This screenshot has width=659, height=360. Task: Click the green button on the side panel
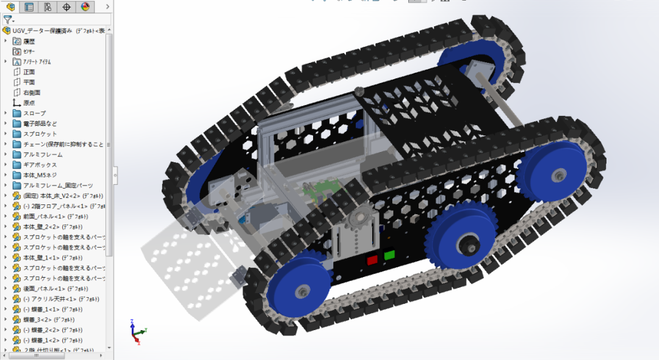coord(389,254)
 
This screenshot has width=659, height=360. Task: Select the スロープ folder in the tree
coord(34,113)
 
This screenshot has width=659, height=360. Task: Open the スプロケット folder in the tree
coord(40,134)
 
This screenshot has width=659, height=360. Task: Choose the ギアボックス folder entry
coord(40,165)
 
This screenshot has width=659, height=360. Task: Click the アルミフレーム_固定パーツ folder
coord(58,185)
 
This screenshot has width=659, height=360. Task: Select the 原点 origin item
coord(29,103)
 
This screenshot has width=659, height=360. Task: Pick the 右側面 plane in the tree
coord(31,93)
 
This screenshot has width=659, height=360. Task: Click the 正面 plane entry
coord(29,72)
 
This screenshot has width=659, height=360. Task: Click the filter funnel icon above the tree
coord(7,20)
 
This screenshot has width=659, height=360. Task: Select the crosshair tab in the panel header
coord(67,7)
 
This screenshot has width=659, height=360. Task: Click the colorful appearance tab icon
coord(85,7)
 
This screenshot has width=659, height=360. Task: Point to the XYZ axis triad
coord(137,333)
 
